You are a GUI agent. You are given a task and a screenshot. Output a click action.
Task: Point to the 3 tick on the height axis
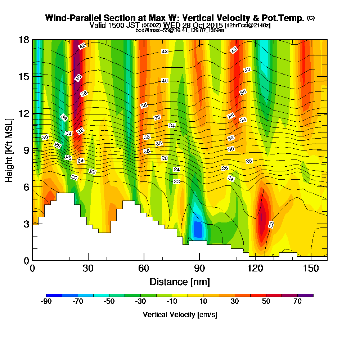(32, 224)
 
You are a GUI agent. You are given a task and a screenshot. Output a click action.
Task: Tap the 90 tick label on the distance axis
(199, 269)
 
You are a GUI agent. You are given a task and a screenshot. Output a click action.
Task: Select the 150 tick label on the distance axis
(310, 269)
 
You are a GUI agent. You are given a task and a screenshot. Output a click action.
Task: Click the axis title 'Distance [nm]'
(180, 282)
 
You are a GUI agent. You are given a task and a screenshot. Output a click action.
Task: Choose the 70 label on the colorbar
(297, 302)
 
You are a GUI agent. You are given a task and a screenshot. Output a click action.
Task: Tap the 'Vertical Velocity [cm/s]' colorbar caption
(180, 315)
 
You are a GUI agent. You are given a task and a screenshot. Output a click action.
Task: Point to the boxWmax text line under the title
(180, 30)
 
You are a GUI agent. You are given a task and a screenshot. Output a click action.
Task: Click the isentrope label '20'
(75, 177)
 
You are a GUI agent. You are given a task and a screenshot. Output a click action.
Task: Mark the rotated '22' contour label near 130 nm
(271, 225)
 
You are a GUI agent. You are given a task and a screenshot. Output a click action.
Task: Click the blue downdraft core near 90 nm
(198, 229)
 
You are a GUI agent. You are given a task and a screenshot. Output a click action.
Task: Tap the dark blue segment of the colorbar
(54, 295)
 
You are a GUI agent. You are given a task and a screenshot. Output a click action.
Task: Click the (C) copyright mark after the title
(311, 18)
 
